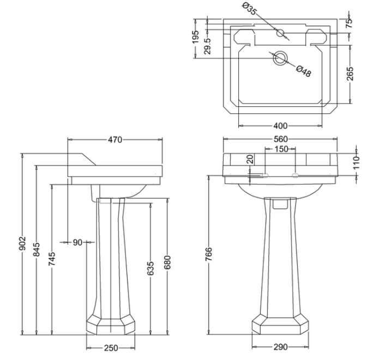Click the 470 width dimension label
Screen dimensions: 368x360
click(x=115, y=139)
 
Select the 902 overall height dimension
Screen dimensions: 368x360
click(x=22, y=243)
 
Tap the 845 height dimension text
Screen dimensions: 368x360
click(x=36, y=250)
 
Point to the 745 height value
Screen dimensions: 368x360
click(x=52, y=259)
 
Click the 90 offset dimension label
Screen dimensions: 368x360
click(x=77, y=242)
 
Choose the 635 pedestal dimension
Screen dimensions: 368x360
click(x=150, y=269)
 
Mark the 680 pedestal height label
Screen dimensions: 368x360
click(x=167, y=263)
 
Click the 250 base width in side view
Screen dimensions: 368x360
click(x=111, y=348)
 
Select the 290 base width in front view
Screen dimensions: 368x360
click(x=280, y=347)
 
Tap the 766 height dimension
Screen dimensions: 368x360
click(x=209, y=254)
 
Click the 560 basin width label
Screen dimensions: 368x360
click(x=281, y=139)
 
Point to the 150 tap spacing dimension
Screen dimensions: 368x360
click(x=281, y=149)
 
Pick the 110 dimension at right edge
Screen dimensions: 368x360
click(x=356, y=163)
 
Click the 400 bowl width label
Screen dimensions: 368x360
click(x=280, y=126)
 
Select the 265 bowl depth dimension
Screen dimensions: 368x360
click(x=350, y=74)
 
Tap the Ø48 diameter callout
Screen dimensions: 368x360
click(x=304, y=71)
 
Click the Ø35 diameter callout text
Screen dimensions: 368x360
click(x=250, y=9)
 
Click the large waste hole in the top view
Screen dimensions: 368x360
click(x=279, y=58)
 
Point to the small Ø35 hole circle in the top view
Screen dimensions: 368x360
click(x=280, y=33)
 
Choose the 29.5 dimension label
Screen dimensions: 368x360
click(x=208, y=46)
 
